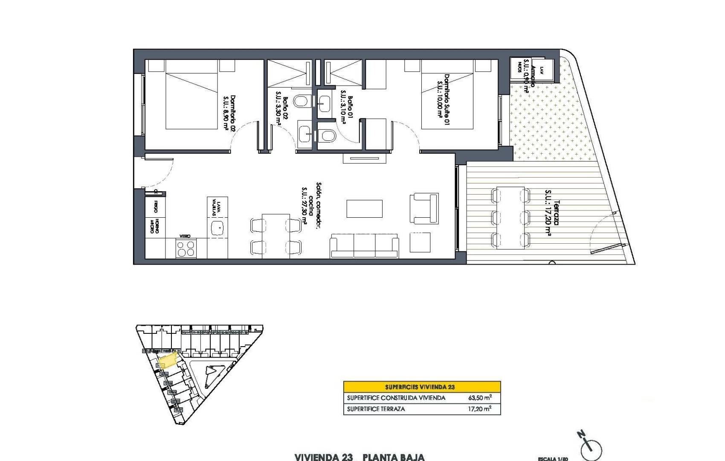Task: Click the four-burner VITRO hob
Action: pos(186,248)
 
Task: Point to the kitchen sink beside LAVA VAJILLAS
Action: pos(217,227)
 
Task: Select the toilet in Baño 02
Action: pos(302,102)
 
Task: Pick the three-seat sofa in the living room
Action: pos(364,246)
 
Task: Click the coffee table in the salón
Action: pos(364,209)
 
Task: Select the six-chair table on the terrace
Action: pos(510,218)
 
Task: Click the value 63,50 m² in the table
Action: pos(479,398)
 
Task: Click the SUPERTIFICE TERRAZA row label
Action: pos(376,409)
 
